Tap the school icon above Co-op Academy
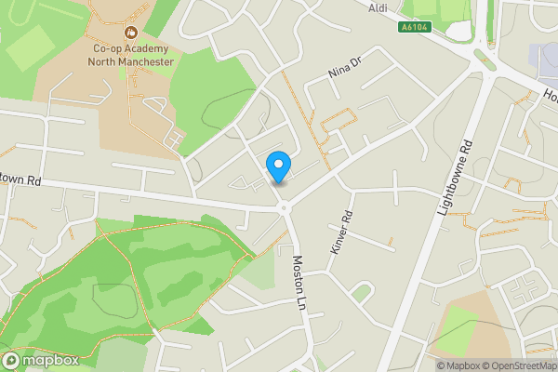point(130,32)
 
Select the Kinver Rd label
point(342,232)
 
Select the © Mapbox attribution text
point(458,365)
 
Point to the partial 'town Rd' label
point(21,178)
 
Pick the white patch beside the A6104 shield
point(459,30)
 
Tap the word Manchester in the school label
point(144,61)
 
